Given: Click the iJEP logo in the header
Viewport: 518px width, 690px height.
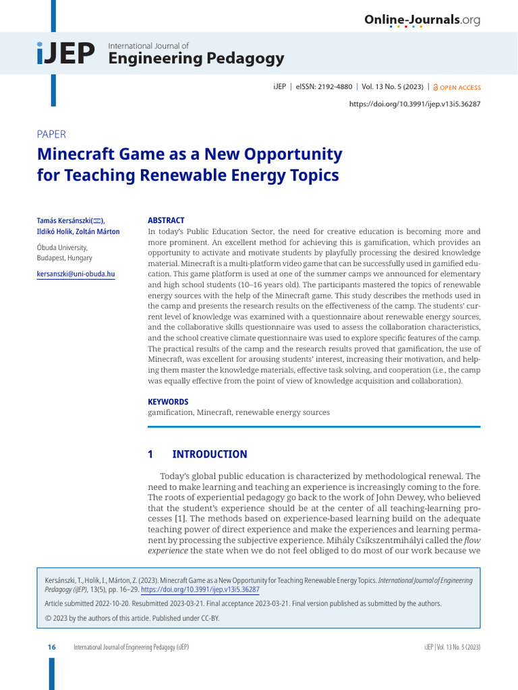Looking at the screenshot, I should pos(66,55).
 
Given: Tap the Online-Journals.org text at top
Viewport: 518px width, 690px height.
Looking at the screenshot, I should pos(422,20).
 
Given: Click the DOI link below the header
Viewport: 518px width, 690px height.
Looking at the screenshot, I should pos(415,104).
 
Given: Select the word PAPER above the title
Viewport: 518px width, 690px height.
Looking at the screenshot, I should pos(51,134).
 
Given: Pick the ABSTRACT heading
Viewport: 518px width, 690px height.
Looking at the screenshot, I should pos(166,220).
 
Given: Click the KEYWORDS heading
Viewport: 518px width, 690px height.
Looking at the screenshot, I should pos(168,402).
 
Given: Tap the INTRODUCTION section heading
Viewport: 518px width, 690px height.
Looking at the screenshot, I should pos(210,454).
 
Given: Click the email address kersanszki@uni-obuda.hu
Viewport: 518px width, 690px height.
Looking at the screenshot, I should pos(76,274).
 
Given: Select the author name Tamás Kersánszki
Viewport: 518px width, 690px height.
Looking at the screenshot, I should pos(65,220).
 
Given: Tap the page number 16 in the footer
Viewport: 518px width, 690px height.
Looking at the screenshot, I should pos(51,647).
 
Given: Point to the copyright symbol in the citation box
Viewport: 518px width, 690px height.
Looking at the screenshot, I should pos(48,618).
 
